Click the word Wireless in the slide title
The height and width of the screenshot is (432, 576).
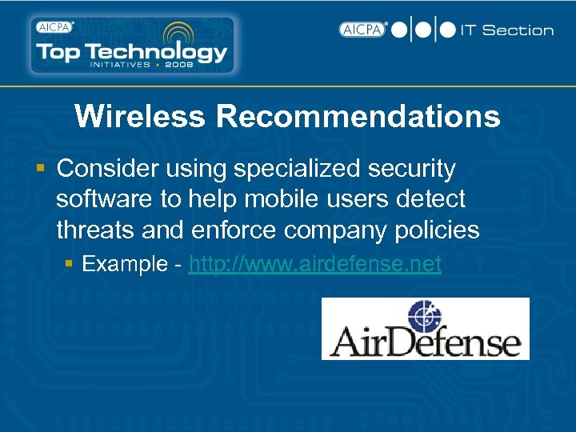pos(140,117)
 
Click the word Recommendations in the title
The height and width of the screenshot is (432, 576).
pos(358,117)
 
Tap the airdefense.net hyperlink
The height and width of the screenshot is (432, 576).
pos(314,264)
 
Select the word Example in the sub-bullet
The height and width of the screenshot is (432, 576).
pos(124,264)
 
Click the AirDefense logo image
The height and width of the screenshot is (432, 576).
pos(425,329)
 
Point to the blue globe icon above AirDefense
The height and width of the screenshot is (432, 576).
pos(425,314)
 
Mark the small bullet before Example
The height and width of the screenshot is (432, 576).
pos(71,264)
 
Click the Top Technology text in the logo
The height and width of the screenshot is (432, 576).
pos(132,50)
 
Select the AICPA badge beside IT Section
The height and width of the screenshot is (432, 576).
pos(362,30)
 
